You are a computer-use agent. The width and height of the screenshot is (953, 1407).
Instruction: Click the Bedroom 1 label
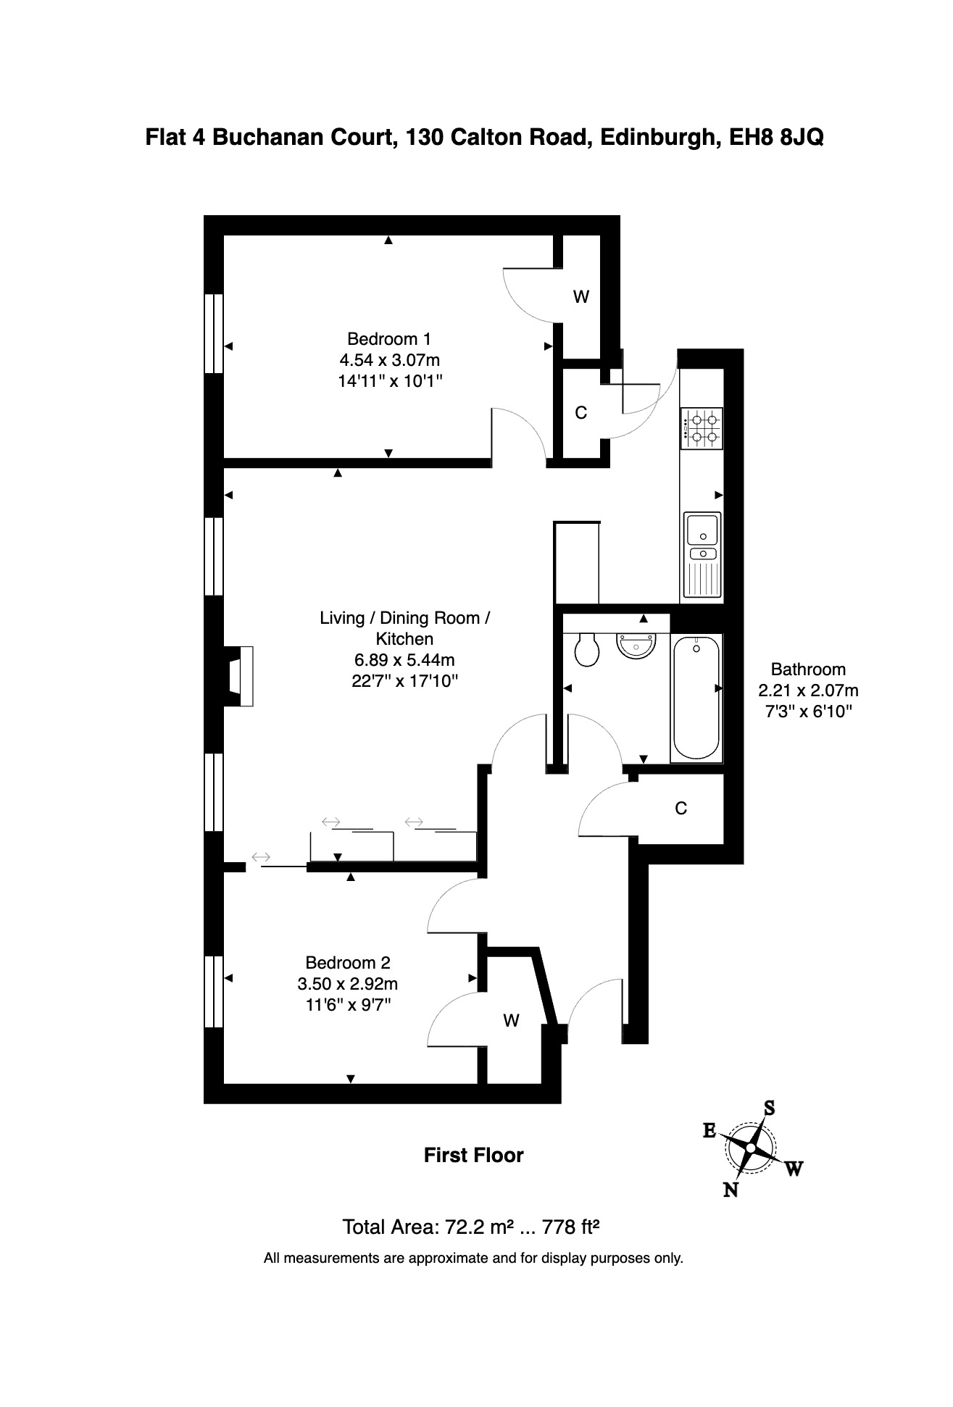389,338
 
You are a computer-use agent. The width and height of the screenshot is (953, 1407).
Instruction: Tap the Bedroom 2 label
348,962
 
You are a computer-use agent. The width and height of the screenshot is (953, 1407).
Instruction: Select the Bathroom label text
808,669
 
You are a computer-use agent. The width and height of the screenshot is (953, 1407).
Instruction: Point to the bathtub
697,697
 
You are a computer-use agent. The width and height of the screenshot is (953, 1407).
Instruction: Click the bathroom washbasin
636,645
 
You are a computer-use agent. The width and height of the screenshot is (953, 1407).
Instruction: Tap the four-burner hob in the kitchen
701,428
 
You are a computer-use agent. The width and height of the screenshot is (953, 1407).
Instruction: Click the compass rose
750,1149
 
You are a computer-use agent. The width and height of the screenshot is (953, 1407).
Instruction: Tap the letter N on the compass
731,1189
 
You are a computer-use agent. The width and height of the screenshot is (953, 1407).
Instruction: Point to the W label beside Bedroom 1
581,296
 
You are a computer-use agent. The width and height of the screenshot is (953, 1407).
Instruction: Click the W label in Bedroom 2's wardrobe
512,1021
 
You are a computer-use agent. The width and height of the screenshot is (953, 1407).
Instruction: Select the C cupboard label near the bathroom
681,808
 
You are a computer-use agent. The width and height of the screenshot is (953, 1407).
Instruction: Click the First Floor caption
474,1155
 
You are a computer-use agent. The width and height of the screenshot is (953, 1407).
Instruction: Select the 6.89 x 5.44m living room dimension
404,660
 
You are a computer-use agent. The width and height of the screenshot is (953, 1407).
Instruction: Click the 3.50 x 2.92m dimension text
348,984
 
